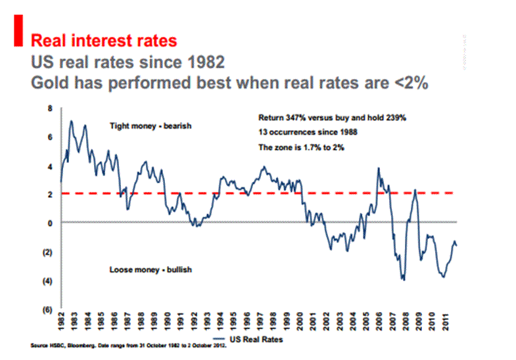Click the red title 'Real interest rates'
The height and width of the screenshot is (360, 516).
point(105,41)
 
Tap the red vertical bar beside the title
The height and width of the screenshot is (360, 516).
point(10,33)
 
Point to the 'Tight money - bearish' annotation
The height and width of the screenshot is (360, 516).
point(150,125)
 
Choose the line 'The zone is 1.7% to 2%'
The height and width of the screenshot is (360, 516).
point(301,147)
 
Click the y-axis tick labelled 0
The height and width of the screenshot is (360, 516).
point(50,223)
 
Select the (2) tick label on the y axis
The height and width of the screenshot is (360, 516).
point(49,252)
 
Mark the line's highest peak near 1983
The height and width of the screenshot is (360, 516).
point(71,121)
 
